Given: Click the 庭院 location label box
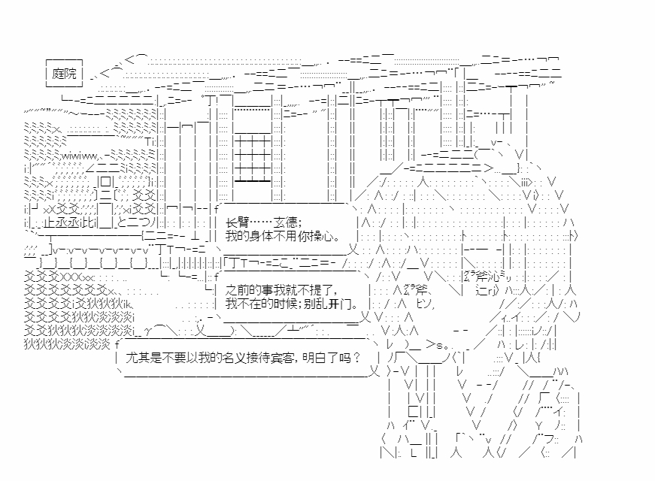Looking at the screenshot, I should coord(65,74).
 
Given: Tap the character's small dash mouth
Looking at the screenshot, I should coord(462,329).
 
